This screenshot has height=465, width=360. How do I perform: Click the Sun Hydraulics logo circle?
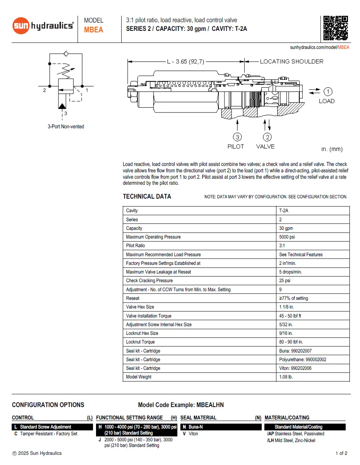pos(21,26)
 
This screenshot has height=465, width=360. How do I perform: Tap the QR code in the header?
pos(335,28)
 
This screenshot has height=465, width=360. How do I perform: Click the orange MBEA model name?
pos(93,30)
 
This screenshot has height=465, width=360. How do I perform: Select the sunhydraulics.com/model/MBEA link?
pos(319,47)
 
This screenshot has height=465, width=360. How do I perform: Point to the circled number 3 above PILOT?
pos(237,137)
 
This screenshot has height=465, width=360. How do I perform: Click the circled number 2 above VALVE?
pos(267,137)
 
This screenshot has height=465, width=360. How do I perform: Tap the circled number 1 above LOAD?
pos(328,91)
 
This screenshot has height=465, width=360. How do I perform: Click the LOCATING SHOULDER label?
pos(291,61)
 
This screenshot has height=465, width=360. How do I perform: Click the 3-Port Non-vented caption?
pos(66,126)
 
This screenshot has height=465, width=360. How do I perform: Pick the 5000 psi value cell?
pos(287,237)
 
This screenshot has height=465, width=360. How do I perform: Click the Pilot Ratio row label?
pos(136,246)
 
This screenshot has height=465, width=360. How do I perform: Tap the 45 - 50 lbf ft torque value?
pos(290,316)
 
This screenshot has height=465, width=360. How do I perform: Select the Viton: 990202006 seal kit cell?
pos(295,368)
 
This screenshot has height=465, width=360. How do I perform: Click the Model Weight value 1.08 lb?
pos(286,377)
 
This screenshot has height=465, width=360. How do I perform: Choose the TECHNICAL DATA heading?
pos(147,196)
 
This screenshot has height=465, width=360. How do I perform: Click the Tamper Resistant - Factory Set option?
pos(49,434)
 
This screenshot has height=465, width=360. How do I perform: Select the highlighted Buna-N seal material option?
pos(195,427)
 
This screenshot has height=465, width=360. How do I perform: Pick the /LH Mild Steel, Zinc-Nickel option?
pos(291,441)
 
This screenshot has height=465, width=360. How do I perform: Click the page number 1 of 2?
pos(341,453)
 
